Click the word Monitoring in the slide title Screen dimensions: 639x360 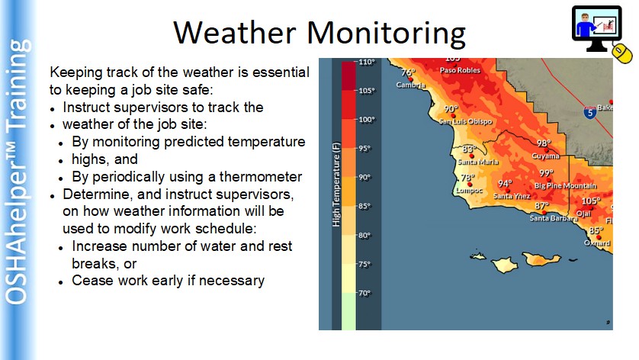pyautogui.click(x=387, y=34)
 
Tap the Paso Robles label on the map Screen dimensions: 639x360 pyautogui.click(x=460, y=70)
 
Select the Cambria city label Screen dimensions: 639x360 pyautogui.click(x=411, y=85)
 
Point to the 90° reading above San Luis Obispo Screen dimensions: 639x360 pyautogui.click(x=451, y=109)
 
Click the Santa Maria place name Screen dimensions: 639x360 pyautogui.click(x=477, y=162)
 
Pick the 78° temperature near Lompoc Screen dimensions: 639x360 pyautogui.click(x=467, y=178)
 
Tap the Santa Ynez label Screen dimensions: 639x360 pyautogui.click(x=512, y=196)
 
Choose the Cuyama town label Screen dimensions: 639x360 pyautogui.click(x=545, y=156)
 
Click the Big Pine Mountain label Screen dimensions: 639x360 pyautogui.click(x=565, y=186)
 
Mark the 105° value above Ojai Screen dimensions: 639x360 pyautogui.click(x=591, y=201)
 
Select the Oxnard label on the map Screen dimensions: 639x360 pyautogui.click(x=597, y=243)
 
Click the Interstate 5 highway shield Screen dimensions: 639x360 pyautogui.click(x=589, y=112)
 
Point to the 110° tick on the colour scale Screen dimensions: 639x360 pyautogui.click(x=366, y=62)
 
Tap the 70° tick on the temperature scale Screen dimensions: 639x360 pyautogui.click(x=364, y=293)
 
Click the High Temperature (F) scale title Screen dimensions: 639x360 pyautogui.click(x=336, y=185)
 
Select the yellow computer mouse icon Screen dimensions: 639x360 pyautogui.click(x=622, y=54)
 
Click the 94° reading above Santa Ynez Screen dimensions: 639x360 pyautogui.click(x=505, y=184)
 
